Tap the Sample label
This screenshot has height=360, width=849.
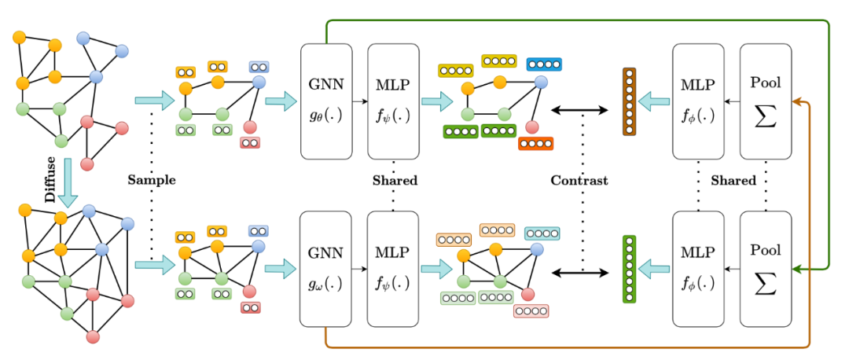coord(151,180)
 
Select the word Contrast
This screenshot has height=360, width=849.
coord(579,180)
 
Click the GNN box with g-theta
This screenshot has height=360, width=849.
coord(324,101)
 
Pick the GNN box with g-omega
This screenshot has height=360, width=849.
coord(324,269)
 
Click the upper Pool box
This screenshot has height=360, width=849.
coord(766,101)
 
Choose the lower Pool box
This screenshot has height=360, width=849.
coord(766,269)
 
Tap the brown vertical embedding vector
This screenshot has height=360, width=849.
coord(628,101)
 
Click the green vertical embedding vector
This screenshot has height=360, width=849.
coord(628,270)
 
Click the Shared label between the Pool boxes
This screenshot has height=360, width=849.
coord(733,180)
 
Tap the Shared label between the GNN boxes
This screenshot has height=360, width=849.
coord(395,180)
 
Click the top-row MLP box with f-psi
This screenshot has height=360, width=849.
coord(391,101)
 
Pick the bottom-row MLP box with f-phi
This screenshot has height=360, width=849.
coord(697,269)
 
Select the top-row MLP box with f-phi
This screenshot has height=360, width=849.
coord(697,101)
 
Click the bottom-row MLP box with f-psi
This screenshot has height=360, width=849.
coord(391,269)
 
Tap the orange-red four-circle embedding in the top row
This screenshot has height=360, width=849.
coord(536,144)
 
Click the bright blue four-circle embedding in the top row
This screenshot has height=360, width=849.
coord(544,64)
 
